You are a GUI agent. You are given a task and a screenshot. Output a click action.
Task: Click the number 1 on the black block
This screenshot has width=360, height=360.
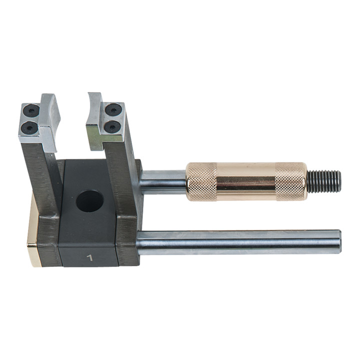(90, 258)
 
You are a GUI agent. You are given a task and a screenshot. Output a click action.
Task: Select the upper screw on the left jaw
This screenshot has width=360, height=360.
(31, 111)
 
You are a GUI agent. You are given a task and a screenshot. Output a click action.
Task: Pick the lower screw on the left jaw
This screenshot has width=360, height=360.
(29, 127)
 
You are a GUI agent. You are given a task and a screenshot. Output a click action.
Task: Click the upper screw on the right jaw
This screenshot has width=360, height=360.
(112, 110)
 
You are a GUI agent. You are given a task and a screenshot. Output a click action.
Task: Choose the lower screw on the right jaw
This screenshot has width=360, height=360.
(111, 126)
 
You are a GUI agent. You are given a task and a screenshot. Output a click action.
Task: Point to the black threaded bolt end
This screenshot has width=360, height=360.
(324, 181)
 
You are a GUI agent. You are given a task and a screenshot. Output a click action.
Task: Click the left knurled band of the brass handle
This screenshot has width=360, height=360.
(201, 182)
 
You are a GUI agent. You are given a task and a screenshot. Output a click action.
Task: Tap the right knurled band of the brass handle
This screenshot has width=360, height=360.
(291, 181)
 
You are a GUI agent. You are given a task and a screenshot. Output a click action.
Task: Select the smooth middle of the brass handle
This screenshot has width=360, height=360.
(246, 181)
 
